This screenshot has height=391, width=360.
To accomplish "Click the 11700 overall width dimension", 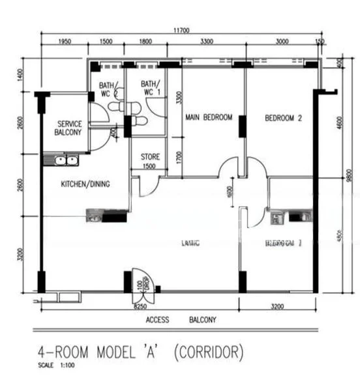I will [181, 30].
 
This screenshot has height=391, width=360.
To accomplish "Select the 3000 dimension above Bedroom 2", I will [282, 42].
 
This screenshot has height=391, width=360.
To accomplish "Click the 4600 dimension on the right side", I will [338, 123].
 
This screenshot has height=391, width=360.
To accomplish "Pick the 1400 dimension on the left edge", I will [21, 76].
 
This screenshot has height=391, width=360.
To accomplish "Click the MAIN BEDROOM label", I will [209, 118].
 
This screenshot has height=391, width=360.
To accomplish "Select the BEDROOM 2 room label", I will [283, 119].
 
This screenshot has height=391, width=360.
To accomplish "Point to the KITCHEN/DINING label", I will [85, 184].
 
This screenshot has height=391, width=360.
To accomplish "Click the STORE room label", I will [150, 157].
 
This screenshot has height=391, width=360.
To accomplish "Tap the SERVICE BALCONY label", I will [68, 128].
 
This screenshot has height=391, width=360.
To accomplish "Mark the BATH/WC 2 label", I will [108, 89].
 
